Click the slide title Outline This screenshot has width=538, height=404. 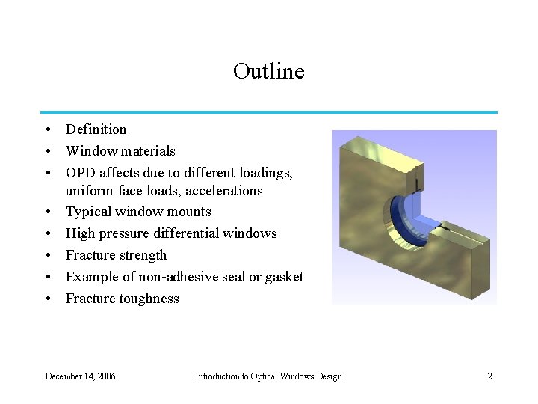coord(268,71)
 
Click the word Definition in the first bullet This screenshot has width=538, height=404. coord(96,129)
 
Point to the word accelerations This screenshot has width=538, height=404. coord(223,191)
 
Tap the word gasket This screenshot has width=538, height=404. coord(283,277)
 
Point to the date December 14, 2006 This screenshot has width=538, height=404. coord(81,376)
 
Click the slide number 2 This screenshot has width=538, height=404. coord(489,376)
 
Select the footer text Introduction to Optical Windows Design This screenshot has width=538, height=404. coord(268,376)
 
